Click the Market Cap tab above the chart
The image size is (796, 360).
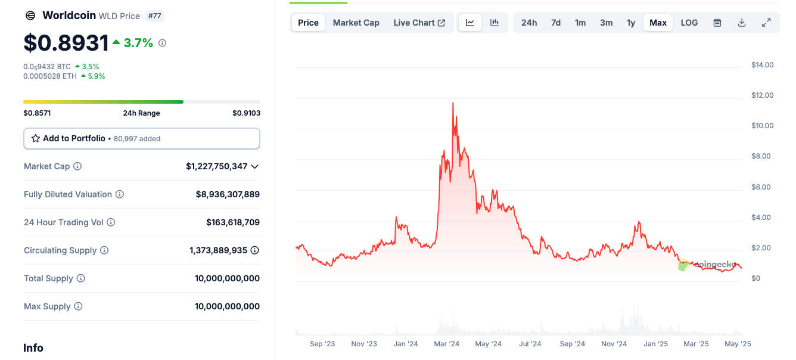(x=356, y=23)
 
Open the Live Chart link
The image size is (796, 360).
(x=419, y=23)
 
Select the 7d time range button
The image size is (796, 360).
(x=555, y=23)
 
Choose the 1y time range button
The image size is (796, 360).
(x=630, y=23)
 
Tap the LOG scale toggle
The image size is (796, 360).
(x=689, y=23)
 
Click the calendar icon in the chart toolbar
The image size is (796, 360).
(x=717, y=23)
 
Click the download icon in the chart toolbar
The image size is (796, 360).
(x=742, y=23)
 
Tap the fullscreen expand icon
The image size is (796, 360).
(x=766, y=23)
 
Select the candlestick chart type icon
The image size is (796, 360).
(x=495, y=23)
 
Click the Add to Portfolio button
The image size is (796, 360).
(x=141, y=138)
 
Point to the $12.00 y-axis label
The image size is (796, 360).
(x=762, y=95)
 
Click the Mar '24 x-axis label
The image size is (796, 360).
(x=446, y=344)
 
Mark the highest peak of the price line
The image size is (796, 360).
(x=453, y=103)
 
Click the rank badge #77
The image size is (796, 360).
(x=154, y=16)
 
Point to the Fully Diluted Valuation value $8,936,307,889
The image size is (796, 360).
(x=228, y=194)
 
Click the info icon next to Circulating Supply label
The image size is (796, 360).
(x=104, y=250)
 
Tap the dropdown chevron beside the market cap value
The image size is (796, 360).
(x=255, y=166)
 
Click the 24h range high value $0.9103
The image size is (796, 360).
(x=246, y=113)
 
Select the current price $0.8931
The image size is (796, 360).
(x=66, y=43)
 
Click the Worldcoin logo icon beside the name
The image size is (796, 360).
(x=30, y=16)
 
